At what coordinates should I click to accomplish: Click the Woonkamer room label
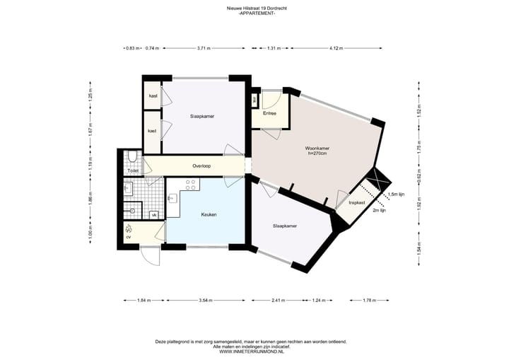317,149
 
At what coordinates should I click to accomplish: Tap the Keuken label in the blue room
208,214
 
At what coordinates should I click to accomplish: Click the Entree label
269,113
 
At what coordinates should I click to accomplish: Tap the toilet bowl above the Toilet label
132,158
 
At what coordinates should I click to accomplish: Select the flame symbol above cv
128,228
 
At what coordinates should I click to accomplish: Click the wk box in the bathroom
154,214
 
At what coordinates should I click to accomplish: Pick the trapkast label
357,203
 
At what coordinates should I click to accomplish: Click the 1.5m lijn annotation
397,194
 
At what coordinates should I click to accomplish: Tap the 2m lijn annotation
379,210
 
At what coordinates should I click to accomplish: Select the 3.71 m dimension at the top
205,49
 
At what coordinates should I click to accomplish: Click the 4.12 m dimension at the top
336,49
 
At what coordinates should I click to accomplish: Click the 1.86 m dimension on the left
90,199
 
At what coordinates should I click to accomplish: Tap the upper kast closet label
153,96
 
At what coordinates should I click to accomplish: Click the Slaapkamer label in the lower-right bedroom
285,226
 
